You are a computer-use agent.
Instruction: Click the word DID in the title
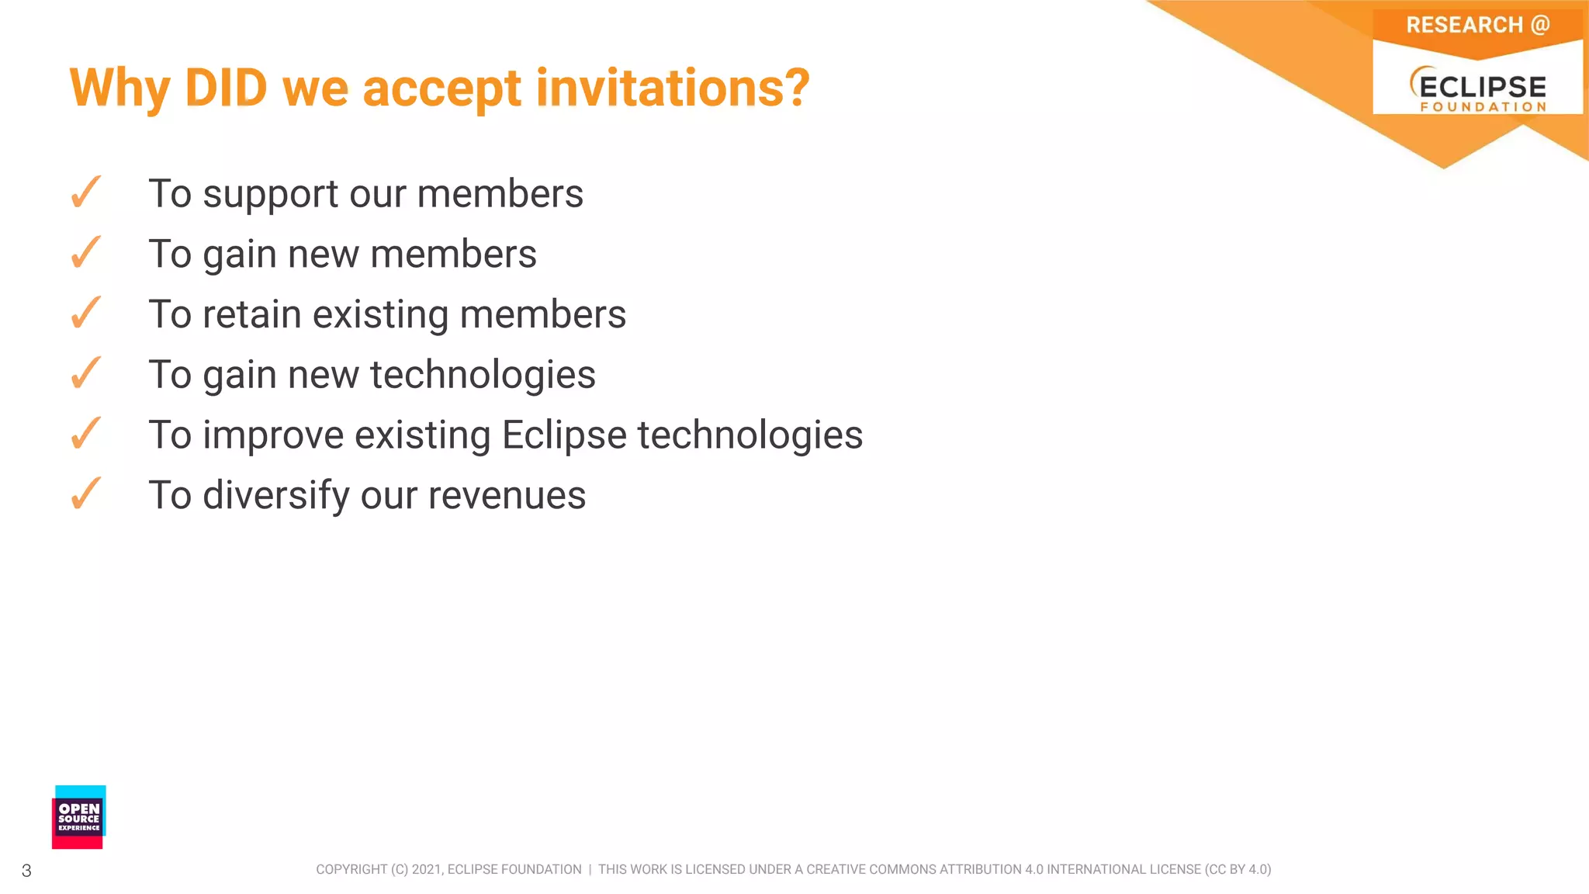[226, 88]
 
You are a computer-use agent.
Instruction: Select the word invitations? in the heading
[673, 88]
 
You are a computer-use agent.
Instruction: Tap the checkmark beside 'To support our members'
[85, 192]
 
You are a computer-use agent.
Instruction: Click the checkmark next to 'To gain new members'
[85, 253]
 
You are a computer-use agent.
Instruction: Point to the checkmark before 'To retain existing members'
[85, 314]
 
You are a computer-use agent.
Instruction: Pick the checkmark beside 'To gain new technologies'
[85, 374]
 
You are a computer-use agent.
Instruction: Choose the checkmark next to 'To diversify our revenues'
[85, 494]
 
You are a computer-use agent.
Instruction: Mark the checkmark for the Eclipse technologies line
[85, 434]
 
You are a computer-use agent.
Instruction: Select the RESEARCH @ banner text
[1477, 26]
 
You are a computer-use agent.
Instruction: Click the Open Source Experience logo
[79, 817]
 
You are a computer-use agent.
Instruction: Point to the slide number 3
[26, 871]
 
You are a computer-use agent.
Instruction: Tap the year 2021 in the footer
[426, 870]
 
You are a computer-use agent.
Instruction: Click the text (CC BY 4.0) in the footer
[1238, 870]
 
